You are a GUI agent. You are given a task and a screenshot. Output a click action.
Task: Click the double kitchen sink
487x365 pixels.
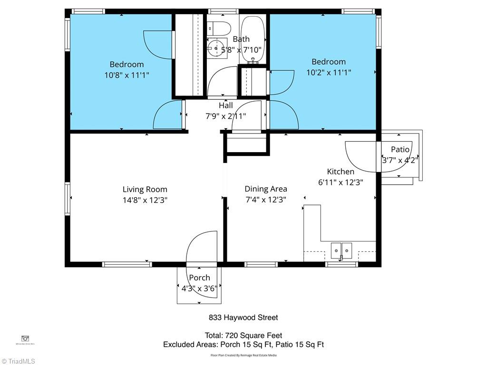341,249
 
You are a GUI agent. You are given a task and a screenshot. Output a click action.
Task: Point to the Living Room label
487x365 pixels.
145,189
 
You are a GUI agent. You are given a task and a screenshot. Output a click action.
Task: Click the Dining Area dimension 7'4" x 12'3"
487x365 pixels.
266,200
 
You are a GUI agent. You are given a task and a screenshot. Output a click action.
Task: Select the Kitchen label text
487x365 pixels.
341,172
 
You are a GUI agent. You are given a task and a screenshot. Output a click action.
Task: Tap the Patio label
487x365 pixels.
400,149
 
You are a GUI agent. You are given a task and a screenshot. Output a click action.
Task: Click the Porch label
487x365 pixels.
199,278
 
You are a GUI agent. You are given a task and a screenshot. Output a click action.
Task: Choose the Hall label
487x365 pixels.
226,106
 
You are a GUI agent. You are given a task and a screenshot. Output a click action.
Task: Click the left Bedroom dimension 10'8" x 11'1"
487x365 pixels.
127,75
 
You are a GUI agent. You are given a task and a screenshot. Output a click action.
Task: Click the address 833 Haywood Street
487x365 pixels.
243,317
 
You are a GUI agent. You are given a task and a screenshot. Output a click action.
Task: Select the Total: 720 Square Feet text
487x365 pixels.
243,336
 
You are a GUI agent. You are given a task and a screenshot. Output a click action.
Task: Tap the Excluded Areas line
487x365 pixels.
243,345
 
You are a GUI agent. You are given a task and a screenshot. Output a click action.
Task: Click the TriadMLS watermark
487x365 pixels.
18,361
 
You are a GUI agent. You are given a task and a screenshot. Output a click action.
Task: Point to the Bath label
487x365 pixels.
241,39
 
